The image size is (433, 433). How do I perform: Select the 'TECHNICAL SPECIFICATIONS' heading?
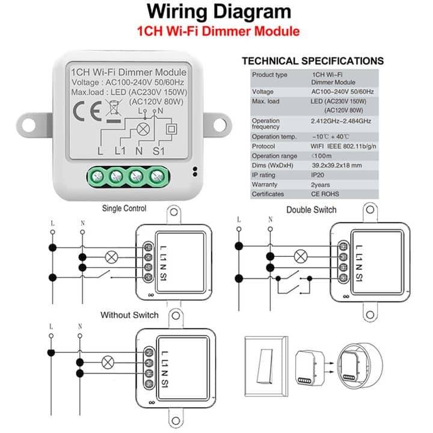(312, 61)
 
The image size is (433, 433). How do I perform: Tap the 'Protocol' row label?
(263, 146)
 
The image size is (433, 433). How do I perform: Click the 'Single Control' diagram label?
(124, 209)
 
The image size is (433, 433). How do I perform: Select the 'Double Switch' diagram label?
(311, 210)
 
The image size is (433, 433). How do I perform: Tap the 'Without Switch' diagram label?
(129, 315)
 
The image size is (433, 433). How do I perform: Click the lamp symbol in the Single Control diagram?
(111, 256)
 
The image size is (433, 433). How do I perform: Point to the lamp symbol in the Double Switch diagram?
(298, 256)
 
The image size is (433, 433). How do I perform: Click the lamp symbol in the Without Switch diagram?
(108, 362)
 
